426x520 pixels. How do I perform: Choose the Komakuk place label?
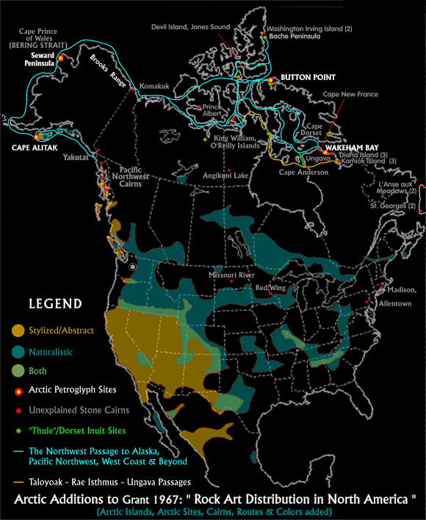pos(154,87)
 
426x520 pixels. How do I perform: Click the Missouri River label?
pos(231,275)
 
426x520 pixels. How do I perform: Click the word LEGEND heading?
pos(55,303)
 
